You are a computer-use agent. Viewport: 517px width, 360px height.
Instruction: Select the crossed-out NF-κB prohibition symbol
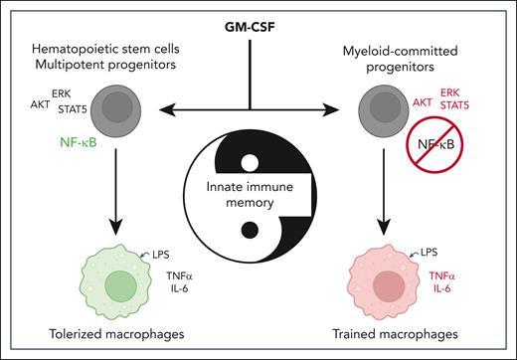tap(440, 147)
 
